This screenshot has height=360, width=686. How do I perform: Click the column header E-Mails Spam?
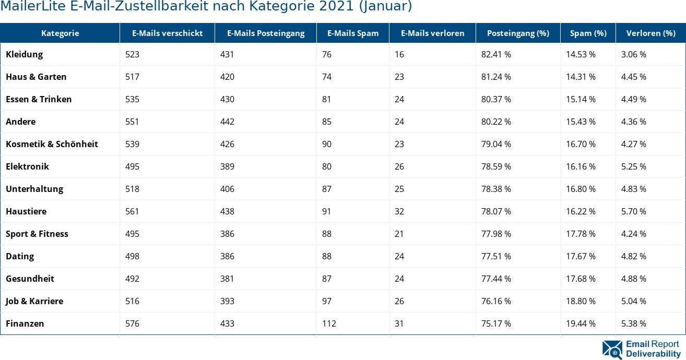click(x=353, y=33)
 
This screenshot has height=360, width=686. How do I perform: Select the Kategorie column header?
click(x=60, y=33)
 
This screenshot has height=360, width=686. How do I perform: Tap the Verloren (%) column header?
click(x=650, y=33)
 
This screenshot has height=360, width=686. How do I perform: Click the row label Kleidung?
click(x=25, y=54)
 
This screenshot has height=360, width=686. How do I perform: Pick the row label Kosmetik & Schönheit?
click(x=52, y=144)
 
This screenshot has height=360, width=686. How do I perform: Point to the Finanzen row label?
click(x=25, y=323)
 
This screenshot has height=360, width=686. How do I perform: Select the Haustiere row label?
click(x=26, y=211)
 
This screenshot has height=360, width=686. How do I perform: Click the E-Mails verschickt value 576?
click(x=133, y=323)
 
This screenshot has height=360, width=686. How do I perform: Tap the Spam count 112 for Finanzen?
click(x=329, y=323)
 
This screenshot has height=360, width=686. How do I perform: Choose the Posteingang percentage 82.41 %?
click(x=496, y=54)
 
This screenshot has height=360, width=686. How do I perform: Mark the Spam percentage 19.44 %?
click(x=581, y=323)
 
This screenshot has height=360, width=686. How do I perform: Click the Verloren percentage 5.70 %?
click(x=634, y=211)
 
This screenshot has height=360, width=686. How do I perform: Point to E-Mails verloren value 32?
click(x=399, y=211)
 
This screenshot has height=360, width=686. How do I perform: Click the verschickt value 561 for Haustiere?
click(x=133, y=211)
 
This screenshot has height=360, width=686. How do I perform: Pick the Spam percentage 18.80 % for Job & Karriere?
click(x=581, y=301)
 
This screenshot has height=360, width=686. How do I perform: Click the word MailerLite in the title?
click(x=27, y=6)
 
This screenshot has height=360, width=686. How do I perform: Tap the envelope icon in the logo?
click(x=612, y=350)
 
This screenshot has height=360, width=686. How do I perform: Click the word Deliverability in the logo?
click(x=654, y=354)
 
